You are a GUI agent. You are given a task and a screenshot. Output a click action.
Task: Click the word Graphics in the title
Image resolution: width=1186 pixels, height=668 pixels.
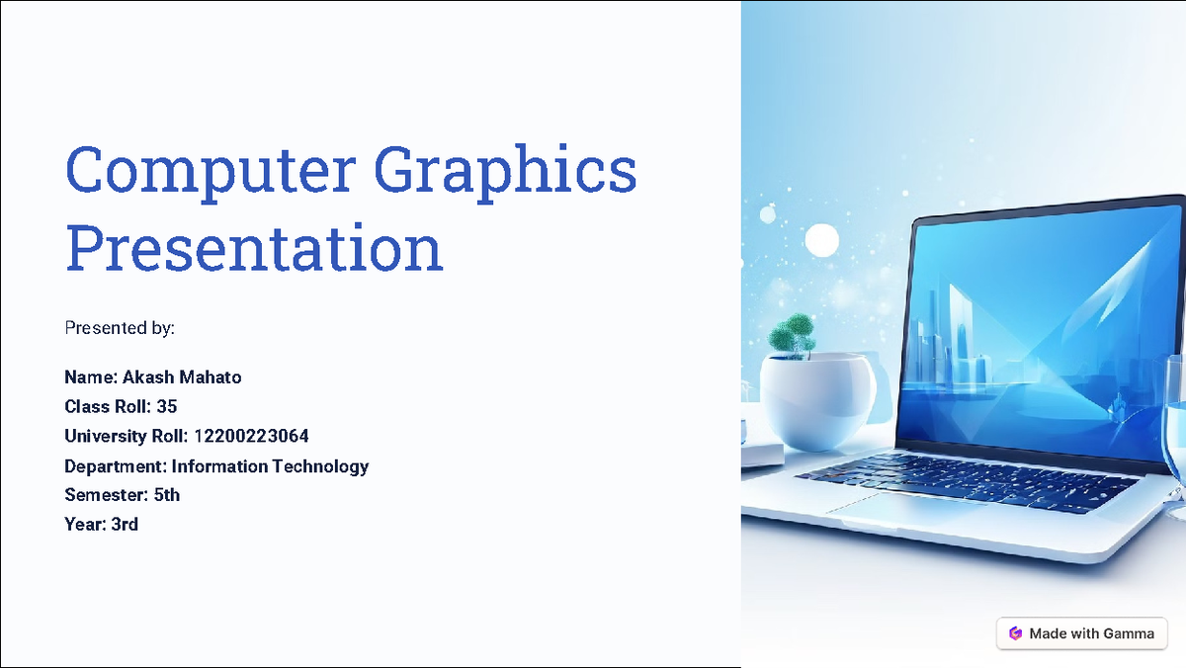point(507,170)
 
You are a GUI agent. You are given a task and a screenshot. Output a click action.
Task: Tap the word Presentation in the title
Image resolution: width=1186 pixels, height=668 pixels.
point(254,249)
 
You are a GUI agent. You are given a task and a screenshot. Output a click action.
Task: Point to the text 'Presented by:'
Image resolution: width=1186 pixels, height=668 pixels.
point(120,327)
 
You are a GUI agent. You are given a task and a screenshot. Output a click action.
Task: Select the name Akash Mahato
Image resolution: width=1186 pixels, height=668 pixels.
point(182,377)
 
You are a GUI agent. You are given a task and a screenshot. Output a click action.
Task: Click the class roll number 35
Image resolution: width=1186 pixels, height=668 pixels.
point(167,406)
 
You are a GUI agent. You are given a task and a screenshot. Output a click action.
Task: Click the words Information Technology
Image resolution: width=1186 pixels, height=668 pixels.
point(270,465)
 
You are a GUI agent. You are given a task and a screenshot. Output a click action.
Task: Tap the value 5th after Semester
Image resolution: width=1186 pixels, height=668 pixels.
point(167,495)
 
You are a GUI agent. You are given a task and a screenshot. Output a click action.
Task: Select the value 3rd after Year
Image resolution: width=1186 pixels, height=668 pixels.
point(125,525)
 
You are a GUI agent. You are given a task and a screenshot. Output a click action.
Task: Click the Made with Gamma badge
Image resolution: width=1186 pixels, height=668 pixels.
point(1081,633)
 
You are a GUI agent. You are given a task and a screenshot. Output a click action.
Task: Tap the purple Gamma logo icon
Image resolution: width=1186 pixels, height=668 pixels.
point(1015,633)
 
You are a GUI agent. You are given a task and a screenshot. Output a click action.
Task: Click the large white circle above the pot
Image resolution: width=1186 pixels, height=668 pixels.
point(821,240)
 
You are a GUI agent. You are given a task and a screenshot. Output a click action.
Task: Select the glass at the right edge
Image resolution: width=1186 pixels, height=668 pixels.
point(1174,445)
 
